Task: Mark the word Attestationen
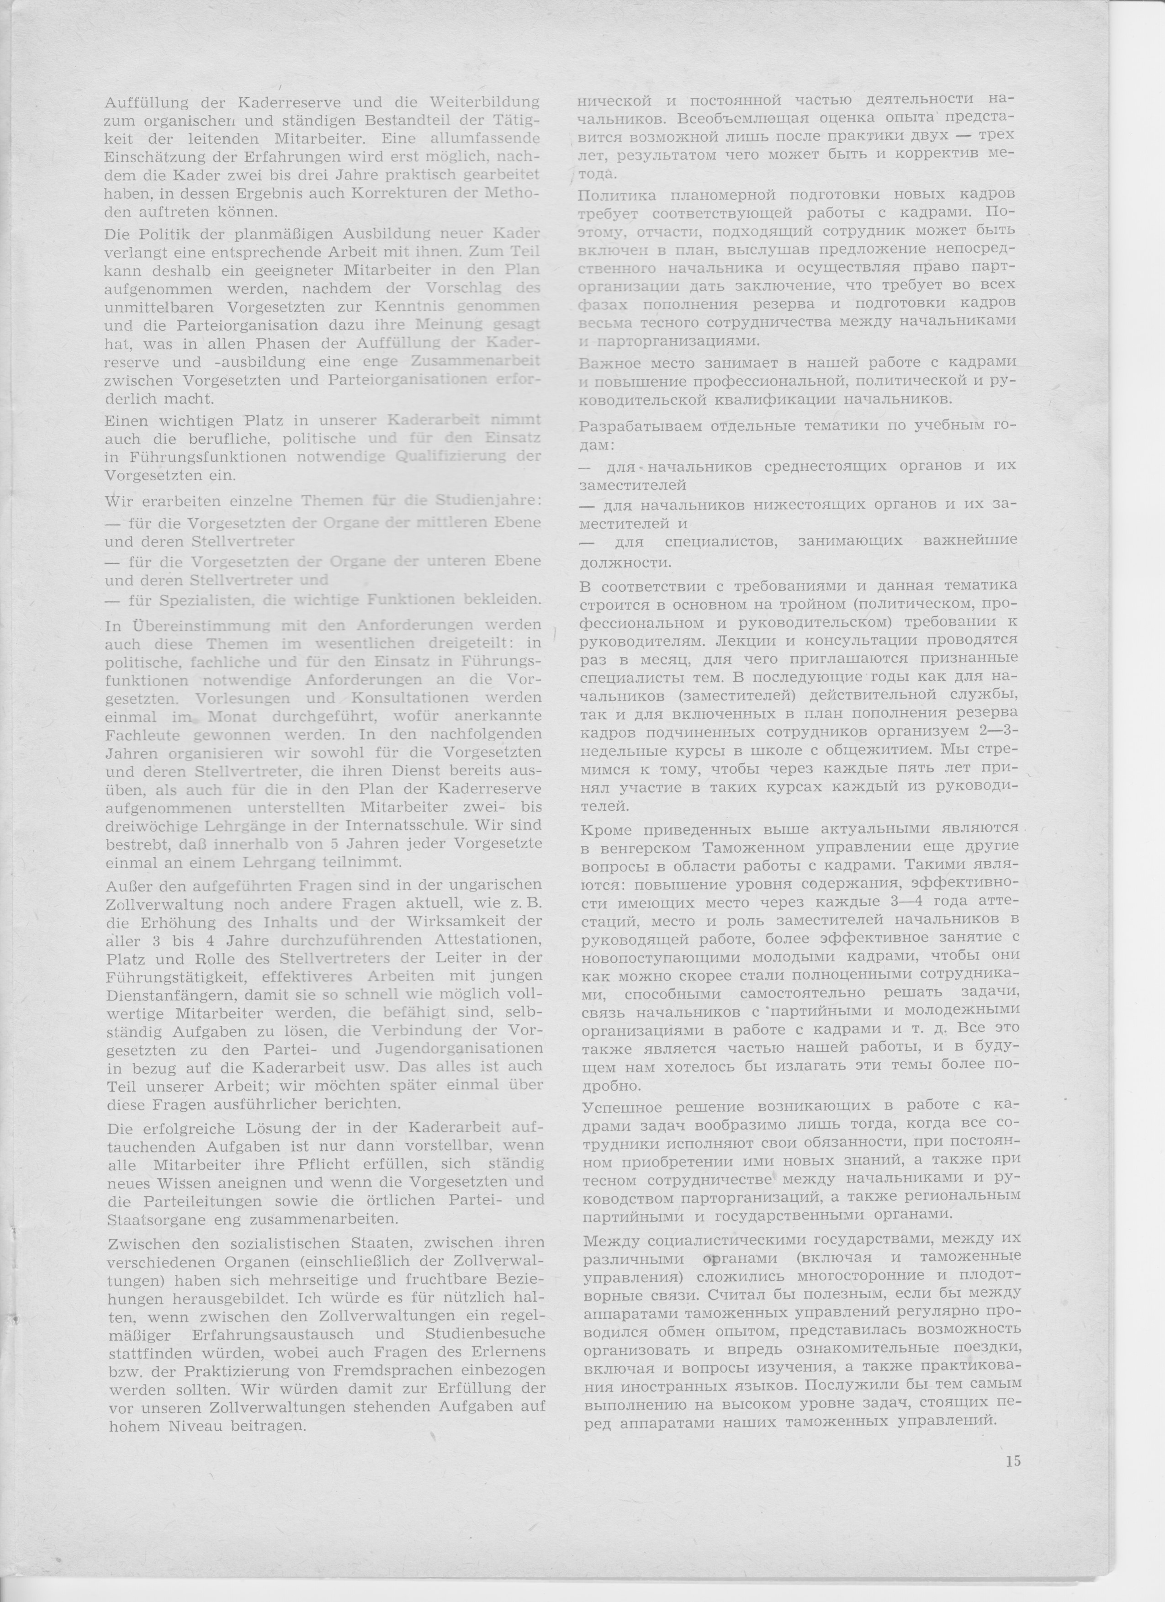pyautogui.click(x=487, y=940)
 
